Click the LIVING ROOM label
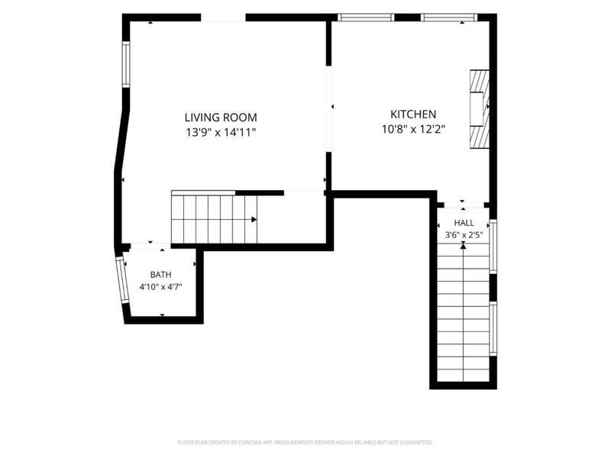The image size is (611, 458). pos(221,118)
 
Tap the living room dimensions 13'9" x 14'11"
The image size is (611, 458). pos(221,132)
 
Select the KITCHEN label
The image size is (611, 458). pos(413,114)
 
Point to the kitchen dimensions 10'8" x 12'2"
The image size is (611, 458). pos(413,129)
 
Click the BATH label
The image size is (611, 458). pos(160,275)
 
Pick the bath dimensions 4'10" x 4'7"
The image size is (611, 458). pos(160,288)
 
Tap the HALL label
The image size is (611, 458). pos(464,223)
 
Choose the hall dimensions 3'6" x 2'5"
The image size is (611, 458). pos(464,235)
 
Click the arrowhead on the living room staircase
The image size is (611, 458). pos(254,220)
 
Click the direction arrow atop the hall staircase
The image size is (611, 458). pos(464,245)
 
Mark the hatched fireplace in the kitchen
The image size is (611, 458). pos(480,109)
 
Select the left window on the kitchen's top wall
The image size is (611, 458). pos(366,18)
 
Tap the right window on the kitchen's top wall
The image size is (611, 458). pos(449,18)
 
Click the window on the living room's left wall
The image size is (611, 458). pos(126,64)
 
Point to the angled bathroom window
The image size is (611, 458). pos(121,280)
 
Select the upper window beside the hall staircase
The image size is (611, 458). pos(493,247)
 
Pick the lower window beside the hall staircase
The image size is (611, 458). pos(493,329)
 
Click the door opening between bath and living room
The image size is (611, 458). pos(150,247)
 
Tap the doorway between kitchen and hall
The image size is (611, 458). pos(464,205)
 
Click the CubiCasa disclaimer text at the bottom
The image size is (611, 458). pos(305,443)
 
